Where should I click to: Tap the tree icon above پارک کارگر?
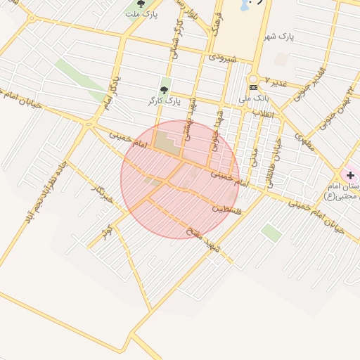coord(165,90)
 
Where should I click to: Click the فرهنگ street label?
coord(218,24)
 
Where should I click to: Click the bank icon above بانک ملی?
coord(253,87)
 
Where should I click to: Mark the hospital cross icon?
coord(350,174)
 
